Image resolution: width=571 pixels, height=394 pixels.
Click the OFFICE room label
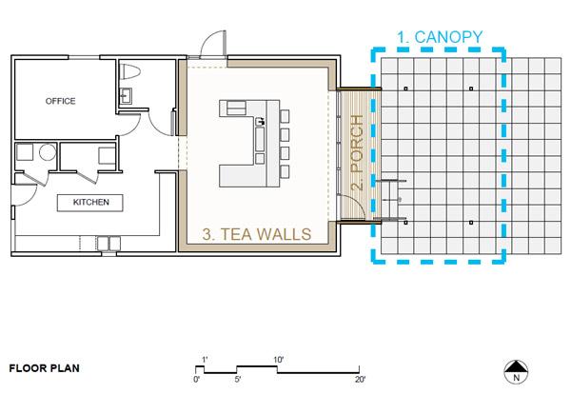point(61,101)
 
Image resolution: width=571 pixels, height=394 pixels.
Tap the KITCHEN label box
point(90,203)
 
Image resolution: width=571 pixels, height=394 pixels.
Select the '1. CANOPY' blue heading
point(440,37)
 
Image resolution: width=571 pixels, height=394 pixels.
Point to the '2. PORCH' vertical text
point(358,152)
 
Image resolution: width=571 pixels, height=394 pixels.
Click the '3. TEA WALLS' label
point(257,234)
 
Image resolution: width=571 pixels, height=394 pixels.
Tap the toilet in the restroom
point(129,71)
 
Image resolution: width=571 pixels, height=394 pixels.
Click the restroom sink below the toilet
point(126,96)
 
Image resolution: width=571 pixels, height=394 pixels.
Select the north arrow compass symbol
point(516,372)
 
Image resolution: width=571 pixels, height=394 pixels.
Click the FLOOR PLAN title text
point(45,368)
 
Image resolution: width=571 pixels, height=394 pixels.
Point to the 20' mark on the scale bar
point(360,380)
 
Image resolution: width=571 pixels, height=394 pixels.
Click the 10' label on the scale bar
point(279,360)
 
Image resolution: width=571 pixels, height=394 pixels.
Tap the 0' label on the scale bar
point(197,380)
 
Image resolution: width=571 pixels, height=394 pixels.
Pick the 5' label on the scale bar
point(238,380)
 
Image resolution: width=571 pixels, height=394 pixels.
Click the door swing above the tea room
point(213,44)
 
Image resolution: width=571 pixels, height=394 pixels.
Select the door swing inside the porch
point(351,207)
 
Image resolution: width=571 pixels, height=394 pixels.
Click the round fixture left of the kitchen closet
point(48,152)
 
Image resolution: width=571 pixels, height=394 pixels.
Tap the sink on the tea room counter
point(260,121)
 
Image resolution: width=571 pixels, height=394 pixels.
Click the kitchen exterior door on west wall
point(24,196)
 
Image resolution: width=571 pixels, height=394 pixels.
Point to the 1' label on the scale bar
point(205,360)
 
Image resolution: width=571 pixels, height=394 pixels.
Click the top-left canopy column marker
point(406,89)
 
